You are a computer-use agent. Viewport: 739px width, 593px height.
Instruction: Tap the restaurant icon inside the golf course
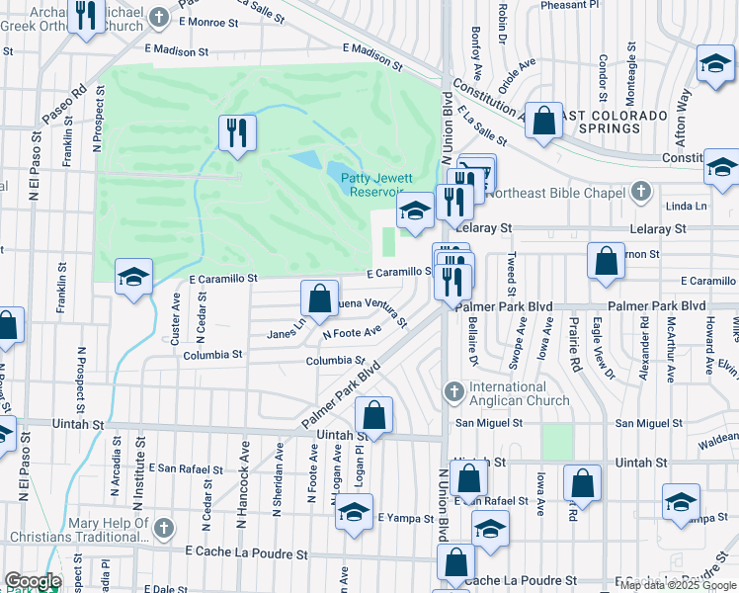(x=237, y=133)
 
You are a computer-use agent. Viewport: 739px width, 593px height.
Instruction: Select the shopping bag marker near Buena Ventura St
(x=319, y=297)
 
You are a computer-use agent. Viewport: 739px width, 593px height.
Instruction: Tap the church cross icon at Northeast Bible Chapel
(x=641, y=191)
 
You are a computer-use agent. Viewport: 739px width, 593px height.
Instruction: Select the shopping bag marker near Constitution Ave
(x=542, y=123)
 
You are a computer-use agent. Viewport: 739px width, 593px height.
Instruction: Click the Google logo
(x=33, y=581)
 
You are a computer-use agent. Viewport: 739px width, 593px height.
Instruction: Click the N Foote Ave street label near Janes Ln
(x=352, y=333)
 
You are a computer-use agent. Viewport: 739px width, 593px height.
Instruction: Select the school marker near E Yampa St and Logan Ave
(x=354, y=514)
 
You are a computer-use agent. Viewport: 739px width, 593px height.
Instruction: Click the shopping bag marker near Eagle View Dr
(x=605, y=261)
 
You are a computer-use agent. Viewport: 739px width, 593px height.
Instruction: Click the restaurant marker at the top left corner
(x=87, y=17)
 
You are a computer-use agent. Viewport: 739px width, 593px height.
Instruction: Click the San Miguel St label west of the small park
(x=487, y=423)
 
